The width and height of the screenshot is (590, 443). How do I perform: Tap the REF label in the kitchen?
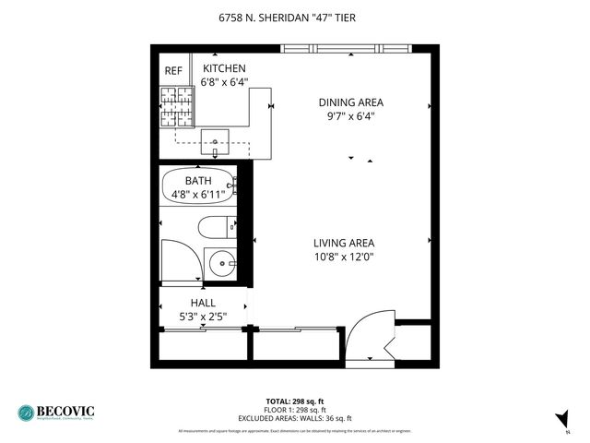coord(173,71)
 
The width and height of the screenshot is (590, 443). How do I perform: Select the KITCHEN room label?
coord(225,68)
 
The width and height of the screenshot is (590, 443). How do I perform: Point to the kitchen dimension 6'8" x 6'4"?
coord(225,81)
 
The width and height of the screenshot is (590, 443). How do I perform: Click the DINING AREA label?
coord(350,102)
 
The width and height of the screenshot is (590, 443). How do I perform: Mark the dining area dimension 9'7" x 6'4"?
coord(350,116)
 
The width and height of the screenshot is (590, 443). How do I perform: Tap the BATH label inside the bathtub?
coord(198,181)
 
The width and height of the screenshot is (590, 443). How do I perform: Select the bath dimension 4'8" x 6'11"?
coord(198,195)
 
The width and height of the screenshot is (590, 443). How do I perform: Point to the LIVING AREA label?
coord(343,244)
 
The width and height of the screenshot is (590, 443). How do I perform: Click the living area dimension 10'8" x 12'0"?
coord(343,257)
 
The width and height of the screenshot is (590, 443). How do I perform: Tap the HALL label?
coord(203,303)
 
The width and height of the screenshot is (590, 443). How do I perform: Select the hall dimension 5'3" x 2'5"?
coord(203,317)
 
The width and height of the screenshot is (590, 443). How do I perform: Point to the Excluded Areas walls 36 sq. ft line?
coord(295,418)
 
